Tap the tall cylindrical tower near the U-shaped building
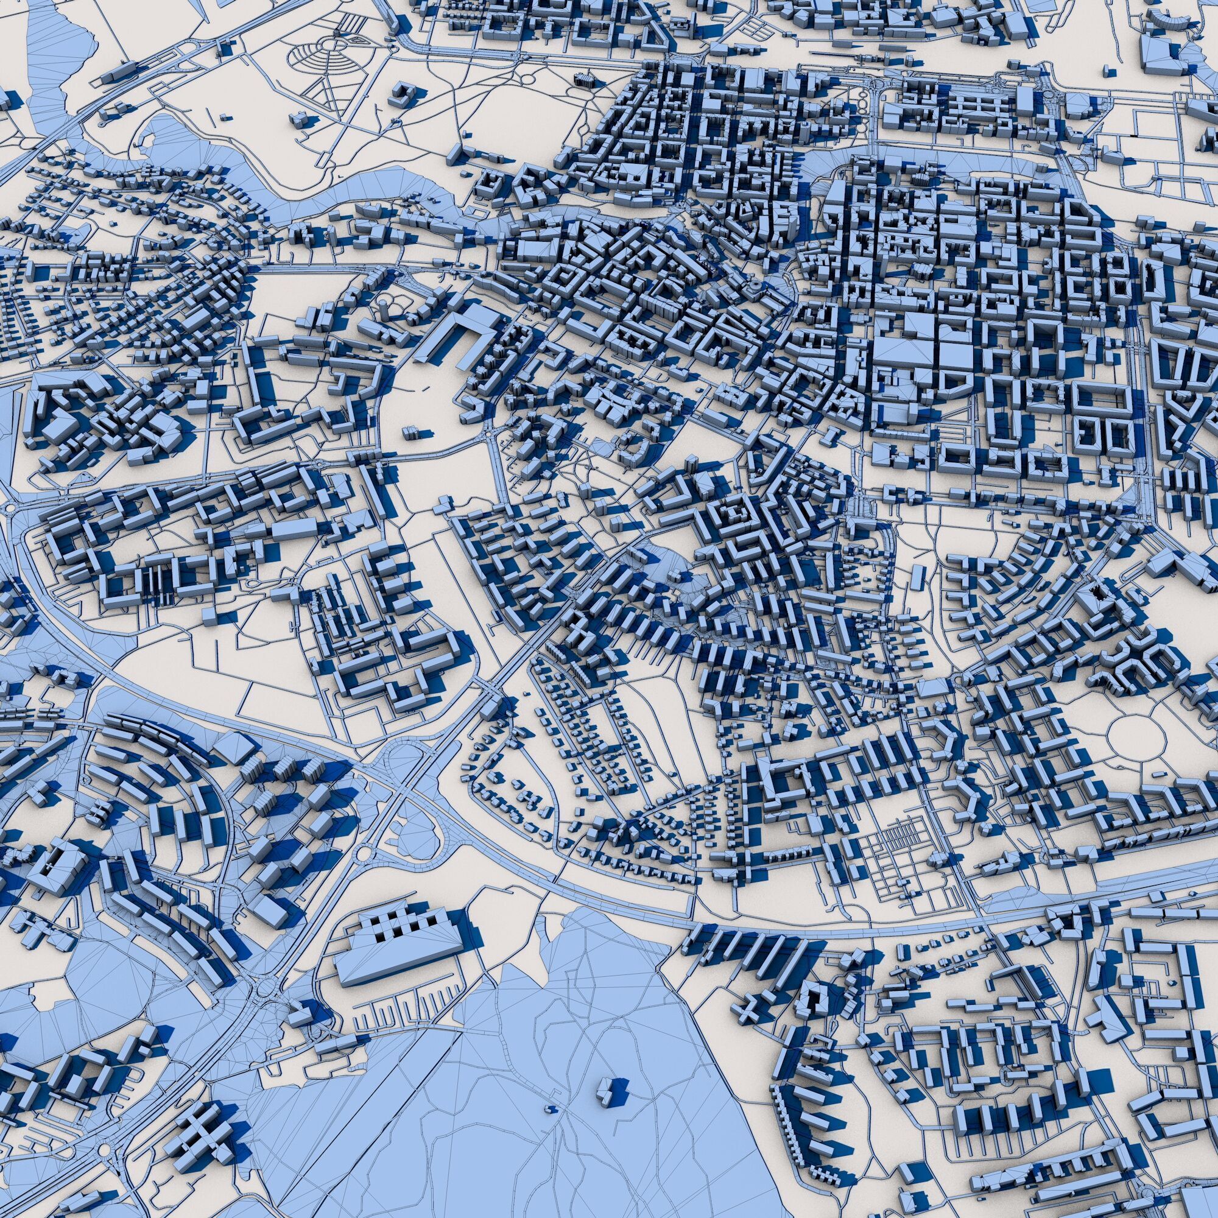382,308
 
